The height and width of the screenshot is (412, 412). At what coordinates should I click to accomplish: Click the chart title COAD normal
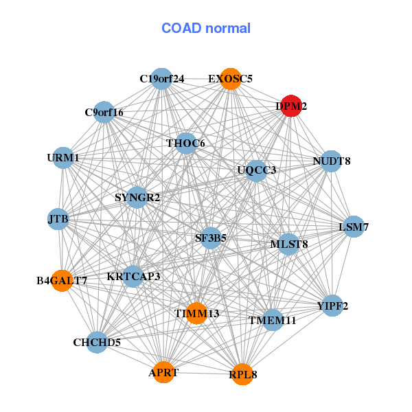pyautogui.click(x=205, y=28)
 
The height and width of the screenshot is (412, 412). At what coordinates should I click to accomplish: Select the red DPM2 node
pyautogui.click(x=291, y=106)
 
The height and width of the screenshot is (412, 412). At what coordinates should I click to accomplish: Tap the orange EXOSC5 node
pyautogui.click(x=231, y=79)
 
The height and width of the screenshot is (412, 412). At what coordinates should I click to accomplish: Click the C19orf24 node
pyautogui.click(x=161, y=79)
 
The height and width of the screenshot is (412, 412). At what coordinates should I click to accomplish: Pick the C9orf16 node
pyautogui.click(x=104, y=112)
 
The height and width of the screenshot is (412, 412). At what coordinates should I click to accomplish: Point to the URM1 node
pyautogui.click(x=63, y=158)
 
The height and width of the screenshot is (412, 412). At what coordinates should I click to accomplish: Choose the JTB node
pyautogui.click(x=58, y=219)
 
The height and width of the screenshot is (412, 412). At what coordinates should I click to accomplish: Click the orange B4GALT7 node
pyautogui.click(x=62, y=280)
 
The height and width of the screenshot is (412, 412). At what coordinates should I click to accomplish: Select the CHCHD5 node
pyautogui.click(x=97, y=342)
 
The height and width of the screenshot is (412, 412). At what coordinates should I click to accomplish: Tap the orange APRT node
pyautogui.click(x=163, y=372)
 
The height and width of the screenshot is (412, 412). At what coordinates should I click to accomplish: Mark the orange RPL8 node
pyautogui.click(x=242, y=374)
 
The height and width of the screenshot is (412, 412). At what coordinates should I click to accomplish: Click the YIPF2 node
pyautogui.click(x=332, y=306)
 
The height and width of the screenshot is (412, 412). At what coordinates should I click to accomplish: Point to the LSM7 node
pyautogui.click(x=354, y=227)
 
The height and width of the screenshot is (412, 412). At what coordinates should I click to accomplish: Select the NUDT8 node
pyautogui.click(x=331, y=161)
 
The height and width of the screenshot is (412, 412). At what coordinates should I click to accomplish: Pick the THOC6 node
pyautogui.click(x=186, y=144)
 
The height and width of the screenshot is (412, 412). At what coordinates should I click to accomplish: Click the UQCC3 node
pyautogui.click(x=256, y=170)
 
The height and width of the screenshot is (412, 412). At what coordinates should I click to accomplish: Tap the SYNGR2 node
pyautogui.click(x=137, y=198)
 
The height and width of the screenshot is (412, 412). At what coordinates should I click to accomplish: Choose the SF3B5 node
pyautogui.click(x=210, y=238)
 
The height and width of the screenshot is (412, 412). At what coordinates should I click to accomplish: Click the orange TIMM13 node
pyautogui.click(x=196, y=313)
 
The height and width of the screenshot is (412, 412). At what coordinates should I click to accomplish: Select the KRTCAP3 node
pyautogui.click(x=133, y=277)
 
